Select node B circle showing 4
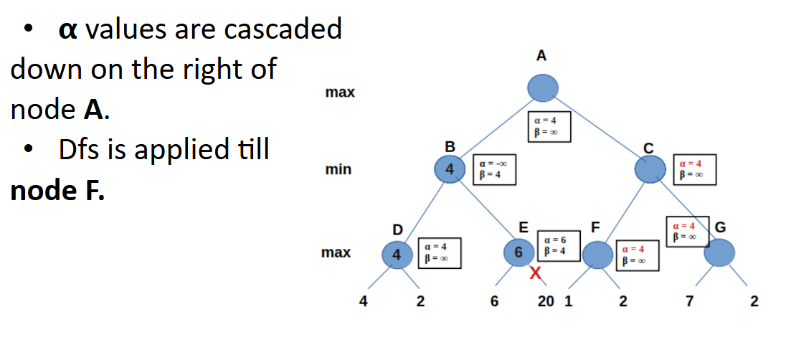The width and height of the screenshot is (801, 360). (450, 170)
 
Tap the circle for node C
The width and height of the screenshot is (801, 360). (650, 170)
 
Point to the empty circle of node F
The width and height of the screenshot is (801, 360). (597, 254)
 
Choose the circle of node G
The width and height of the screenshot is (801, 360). (719, 252)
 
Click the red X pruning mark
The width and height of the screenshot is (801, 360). (535, 273)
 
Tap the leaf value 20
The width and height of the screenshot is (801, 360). (546, 302)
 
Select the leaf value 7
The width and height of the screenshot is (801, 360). (689, 302)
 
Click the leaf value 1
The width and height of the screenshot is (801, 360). (568, 302)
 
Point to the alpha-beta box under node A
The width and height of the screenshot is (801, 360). (549, 126)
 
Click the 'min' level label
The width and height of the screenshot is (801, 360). (338, 170)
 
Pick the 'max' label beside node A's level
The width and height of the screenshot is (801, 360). (340, 93)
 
